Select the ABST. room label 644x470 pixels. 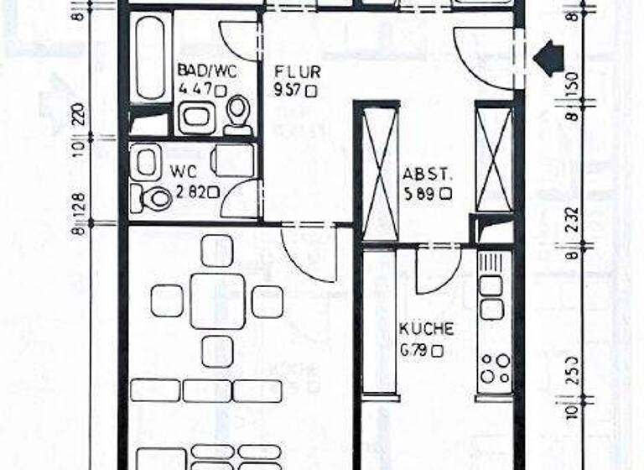(x=428, y=175)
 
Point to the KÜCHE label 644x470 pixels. (x=426, y=328)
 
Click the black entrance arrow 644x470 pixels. (x=548, y=59)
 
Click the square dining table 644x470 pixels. (x=217, y=300)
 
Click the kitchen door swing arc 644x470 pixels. (x=436, y=273)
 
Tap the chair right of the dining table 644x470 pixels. (x=267, y=301)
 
